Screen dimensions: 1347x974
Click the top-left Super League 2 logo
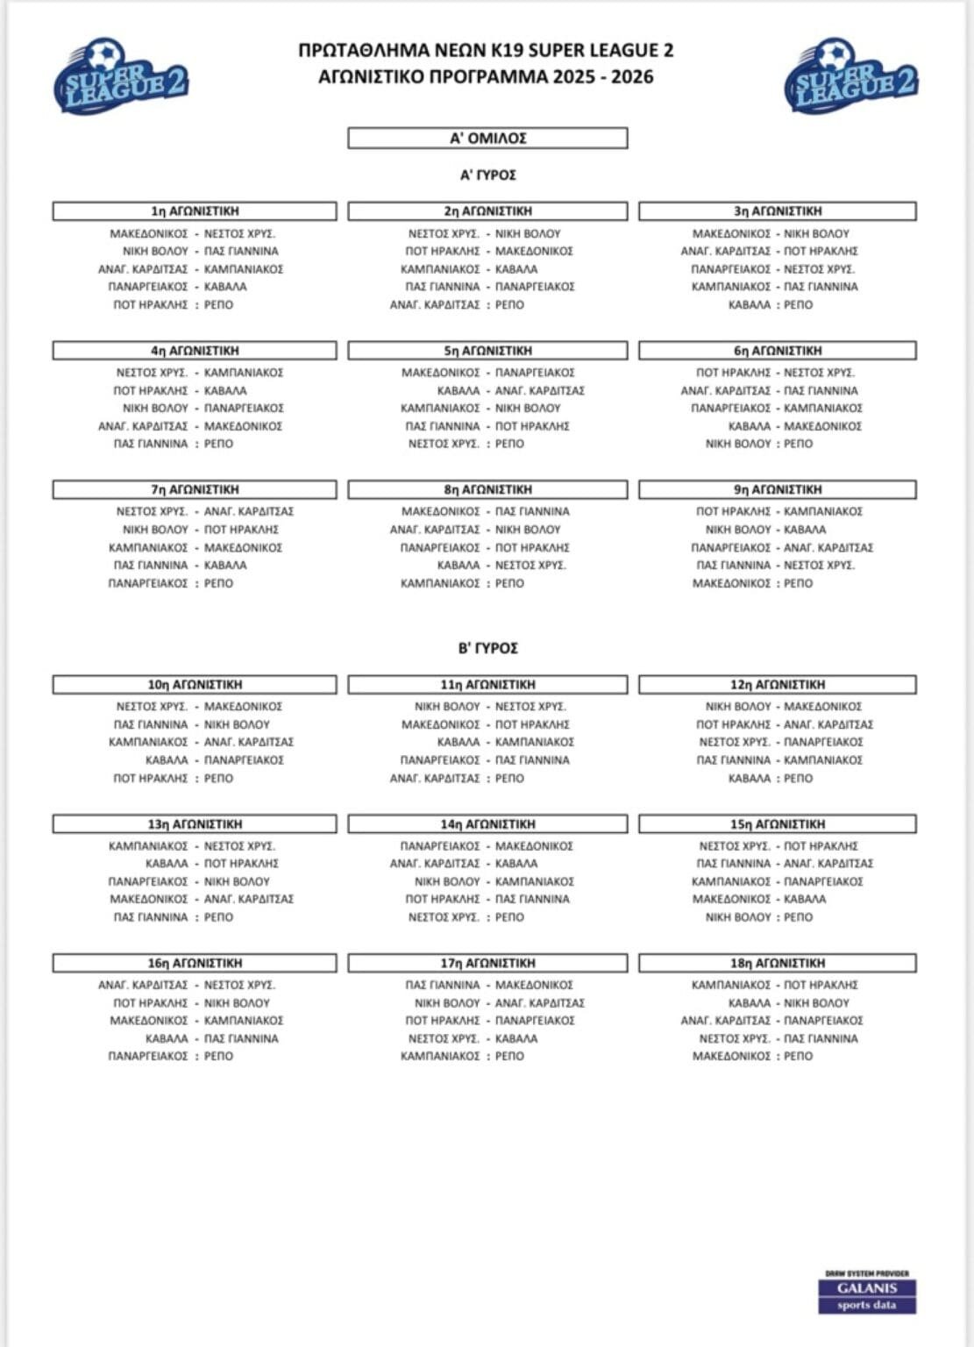[121, 78]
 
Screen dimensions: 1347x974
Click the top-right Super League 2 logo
[850, 78]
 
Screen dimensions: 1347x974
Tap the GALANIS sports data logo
[867, 1294]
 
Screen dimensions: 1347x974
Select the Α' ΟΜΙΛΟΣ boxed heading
[487, 139]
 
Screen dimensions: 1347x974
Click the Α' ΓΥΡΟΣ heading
[487, 175]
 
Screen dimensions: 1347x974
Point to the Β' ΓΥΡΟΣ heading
[487, 648]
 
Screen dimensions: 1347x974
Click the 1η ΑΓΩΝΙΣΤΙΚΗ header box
[195, 211]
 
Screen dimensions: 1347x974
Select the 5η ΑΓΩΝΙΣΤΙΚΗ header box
[487, 351]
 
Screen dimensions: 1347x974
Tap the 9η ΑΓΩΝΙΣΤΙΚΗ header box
[778, 489]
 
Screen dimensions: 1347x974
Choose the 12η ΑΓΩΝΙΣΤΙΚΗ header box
[778, 685]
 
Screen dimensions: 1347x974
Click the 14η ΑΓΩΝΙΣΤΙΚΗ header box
[487, 824]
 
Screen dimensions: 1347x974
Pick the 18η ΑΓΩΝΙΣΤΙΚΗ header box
[778, 963]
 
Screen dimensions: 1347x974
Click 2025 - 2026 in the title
[603, 76]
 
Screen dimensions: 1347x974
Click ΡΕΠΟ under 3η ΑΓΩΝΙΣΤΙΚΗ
[798, 305]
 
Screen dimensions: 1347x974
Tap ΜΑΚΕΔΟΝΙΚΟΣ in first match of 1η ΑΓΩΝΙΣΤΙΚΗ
[149, 234]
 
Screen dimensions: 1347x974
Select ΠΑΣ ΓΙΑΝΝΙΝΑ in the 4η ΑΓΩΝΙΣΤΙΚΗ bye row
[151, 444]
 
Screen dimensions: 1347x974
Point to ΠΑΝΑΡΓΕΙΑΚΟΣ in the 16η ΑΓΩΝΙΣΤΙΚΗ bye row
[148, 1057]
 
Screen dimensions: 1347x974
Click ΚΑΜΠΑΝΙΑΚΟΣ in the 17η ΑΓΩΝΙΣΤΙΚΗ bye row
[440, 1057]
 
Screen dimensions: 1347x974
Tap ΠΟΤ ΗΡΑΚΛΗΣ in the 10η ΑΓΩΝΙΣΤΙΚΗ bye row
[151, 779]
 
